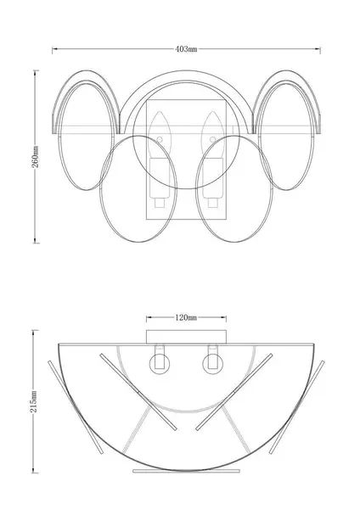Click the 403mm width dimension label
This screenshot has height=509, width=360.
click(x=186, y=49)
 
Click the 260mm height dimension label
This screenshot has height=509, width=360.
click(x=35, y=156)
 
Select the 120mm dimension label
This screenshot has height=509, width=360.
click(x=186, y=317)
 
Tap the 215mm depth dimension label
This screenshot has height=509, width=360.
click(x=33, y=401)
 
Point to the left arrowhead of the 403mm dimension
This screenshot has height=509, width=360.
click(x=54, y=49)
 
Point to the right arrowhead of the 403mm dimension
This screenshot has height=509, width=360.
click(x=318, y=49)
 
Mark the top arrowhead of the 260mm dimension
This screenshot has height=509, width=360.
click(x=35, y=73)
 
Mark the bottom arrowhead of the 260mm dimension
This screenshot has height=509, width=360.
click(x=35, y=240)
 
